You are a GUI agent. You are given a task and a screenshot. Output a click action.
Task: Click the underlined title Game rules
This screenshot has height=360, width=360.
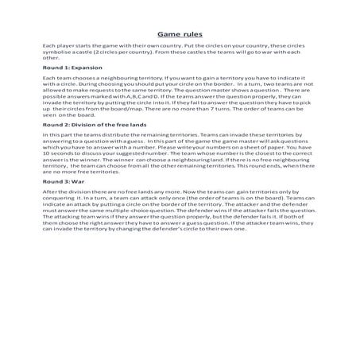[x=180, y=35]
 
